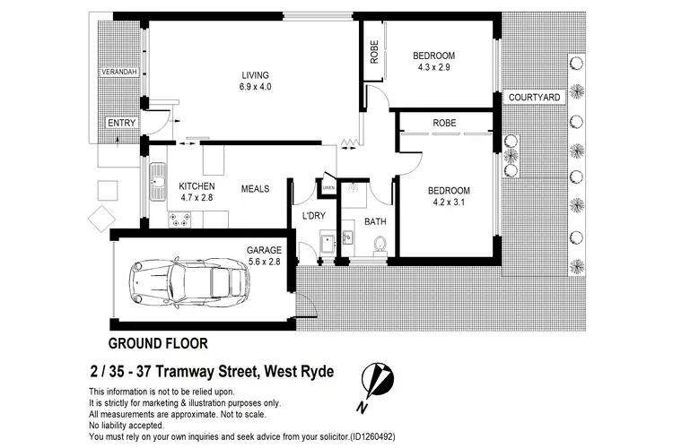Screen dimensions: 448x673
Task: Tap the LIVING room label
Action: (255, 74)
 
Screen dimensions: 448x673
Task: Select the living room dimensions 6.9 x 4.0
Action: (255, 88)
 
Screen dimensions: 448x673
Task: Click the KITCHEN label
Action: (197, 185)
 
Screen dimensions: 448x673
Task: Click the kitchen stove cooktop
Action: (179, 217)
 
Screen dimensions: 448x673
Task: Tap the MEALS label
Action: (256, 189)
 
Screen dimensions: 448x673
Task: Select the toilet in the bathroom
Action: (380, 243)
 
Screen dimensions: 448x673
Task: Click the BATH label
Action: (374, 221)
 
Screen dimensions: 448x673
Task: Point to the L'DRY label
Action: (313, 216)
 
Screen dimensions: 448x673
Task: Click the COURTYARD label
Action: (533, 97)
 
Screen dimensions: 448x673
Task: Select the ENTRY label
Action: (122, 124)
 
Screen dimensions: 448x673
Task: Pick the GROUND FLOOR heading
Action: (158, 343)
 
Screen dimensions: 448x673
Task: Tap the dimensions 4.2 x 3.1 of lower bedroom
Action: (448, 202)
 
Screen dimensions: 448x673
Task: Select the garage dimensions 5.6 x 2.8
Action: (265, 263)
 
